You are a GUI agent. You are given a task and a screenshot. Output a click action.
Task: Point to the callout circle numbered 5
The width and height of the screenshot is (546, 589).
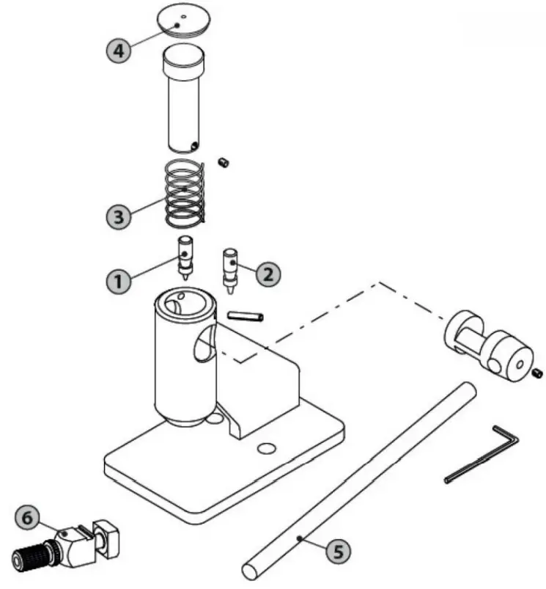(336, 551)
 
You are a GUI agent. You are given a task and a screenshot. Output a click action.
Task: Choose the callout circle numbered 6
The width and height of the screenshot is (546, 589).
(28, 518)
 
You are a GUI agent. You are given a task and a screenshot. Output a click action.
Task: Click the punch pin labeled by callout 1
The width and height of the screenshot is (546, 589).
(185, 257)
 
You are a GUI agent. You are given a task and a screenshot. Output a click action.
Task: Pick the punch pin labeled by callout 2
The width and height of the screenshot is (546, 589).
(230, 268)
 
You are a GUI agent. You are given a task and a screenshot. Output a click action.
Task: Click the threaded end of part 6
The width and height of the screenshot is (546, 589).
(29, 552)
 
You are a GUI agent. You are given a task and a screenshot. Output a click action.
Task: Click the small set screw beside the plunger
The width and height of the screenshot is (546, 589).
(225, 162)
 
